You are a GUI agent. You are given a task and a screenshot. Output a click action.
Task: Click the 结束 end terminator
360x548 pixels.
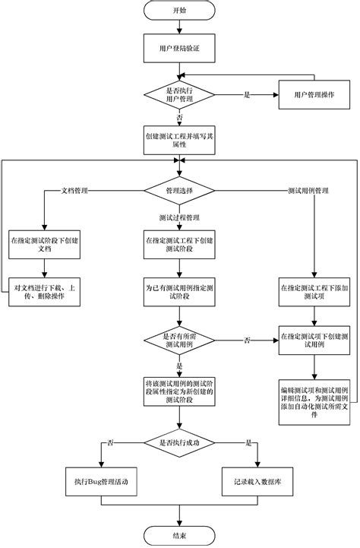click(178, 535)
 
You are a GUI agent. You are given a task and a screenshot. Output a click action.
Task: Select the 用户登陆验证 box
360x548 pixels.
click(178, 48)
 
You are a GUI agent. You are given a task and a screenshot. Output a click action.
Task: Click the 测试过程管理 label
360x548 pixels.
click(178, 219)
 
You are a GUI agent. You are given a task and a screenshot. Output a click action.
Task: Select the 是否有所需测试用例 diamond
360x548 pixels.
click(178, 340)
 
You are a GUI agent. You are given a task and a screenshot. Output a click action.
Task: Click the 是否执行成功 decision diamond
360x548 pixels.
click(178, 442)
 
